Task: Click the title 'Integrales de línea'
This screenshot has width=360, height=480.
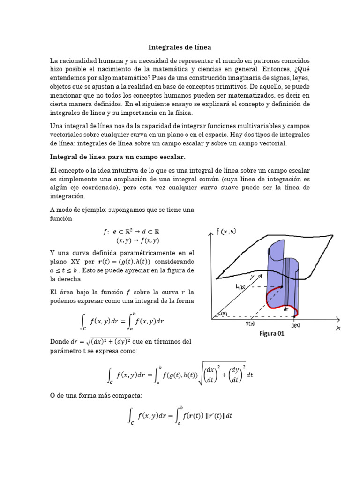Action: (180, 47)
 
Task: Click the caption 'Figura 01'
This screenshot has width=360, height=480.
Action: (272, 334)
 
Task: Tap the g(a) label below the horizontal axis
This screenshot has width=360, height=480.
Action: (295, 325)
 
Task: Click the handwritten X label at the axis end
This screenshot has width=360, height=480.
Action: (338, 328)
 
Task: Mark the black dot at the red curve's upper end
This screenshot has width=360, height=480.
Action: (282, 287)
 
